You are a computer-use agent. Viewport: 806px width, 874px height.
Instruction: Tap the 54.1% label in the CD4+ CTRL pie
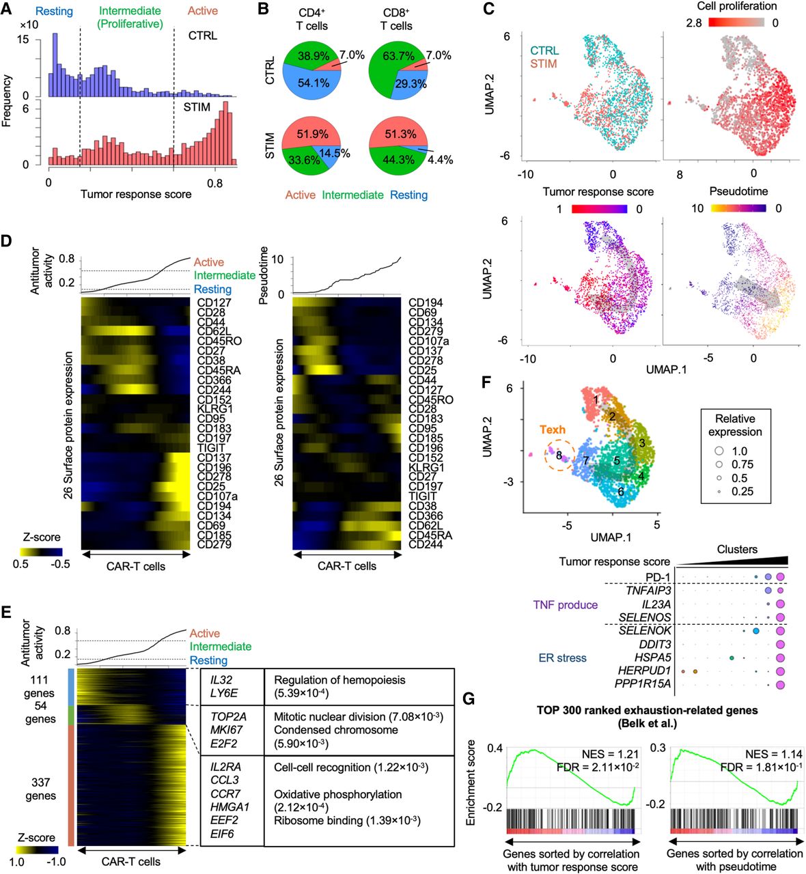(x=314, y=83)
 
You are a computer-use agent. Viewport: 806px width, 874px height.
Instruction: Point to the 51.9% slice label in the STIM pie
(x=314, y=135)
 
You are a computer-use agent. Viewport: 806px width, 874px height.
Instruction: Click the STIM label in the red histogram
(x=197, y=107)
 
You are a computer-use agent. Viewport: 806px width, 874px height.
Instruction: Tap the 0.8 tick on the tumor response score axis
(x=215, y=183)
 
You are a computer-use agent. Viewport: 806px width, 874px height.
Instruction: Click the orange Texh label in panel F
(x=553, y=429)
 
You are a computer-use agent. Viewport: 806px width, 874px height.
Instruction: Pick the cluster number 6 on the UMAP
(x=620, y=492)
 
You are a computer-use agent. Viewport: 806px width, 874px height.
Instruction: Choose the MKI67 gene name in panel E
(x=227, y=730)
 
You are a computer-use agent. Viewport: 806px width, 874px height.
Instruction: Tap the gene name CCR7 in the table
(x=225, y=793)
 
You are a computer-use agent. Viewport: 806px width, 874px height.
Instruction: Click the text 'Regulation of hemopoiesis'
(x=339, y=680)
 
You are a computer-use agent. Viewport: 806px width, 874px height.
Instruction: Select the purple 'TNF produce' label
(x=565, y=604)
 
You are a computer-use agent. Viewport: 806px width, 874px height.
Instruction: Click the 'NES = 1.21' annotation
(x=610, y=754)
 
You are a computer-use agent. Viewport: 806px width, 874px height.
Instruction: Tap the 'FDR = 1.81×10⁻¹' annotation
(x=761, y=767)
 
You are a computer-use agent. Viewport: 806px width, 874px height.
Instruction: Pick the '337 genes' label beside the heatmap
(x=41, y=789)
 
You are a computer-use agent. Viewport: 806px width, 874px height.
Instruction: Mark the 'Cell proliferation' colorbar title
(x=737, y=6)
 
